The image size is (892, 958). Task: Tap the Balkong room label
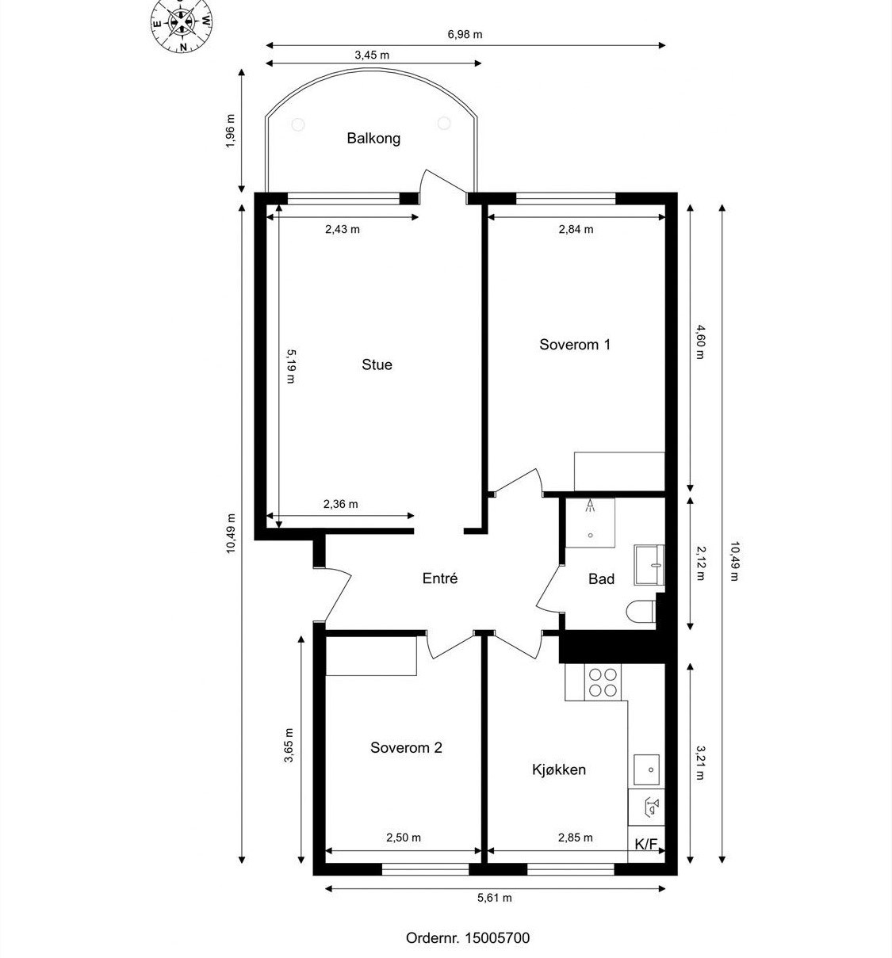tap(373, 139)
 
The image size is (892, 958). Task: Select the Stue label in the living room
tap(377, 364)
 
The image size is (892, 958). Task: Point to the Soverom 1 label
tap(574, 344)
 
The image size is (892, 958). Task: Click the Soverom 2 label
tap(406, 747)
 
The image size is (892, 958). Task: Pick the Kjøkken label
tap(559, 769)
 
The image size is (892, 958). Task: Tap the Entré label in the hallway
tap(440, 578)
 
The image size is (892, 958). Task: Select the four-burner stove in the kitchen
tap(603, 682)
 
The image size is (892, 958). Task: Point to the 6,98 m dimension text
tap(465, 34)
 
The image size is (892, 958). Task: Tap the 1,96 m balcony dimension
tap(230, 132)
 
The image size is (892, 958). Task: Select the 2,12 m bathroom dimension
tap(700, 563)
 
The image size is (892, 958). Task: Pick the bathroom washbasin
tap(649, 565)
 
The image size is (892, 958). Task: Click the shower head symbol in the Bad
tap(590, 505)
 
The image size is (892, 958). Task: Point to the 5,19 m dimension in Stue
tap(290, 366)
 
